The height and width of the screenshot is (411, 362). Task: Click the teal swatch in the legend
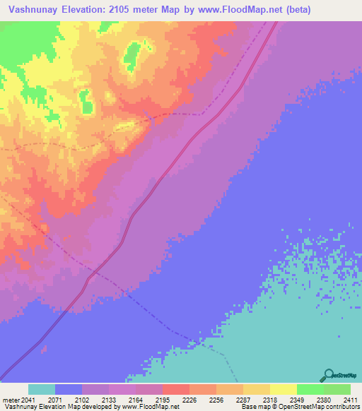(x=41, y=389)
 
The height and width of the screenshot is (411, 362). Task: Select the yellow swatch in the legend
(x=283, y=389)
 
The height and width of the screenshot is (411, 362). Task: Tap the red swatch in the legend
(x=175, y=389)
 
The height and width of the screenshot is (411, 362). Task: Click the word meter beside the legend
(x=10, y=400)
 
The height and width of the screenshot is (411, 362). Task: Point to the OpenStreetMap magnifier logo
(x=327, y=376)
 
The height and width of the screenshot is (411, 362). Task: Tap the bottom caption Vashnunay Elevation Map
(x=35, y=407)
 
